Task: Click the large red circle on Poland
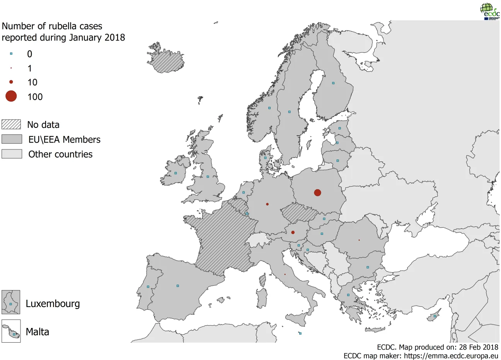coord(317,192)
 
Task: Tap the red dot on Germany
coord(267,204)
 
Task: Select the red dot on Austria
coord(293,232)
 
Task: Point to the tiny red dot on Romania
coord(359,240)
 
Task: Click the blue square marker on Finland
coord(333,83)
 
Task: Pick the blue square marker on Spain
coord(177,286)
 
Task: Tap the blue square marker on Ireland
coord(176,173)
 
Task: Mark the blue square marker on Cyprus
coord(435,316)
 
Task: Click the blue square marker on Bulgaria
coord(368,267)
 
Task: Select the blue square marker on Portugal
coord(148,287)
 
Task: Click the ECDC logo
coord(489,11)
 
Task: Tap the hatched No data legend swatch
coord(11,124)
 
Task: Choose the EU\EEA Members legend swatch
coord(12,139)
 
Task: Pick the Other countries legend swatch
coord(12,154)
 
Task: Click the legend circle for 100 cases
coord(11,96)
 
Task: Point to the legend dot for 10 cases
coord(11,82)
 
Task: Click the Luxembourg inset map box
coord(11,302)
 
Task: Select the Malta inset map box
coord(11,331)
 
